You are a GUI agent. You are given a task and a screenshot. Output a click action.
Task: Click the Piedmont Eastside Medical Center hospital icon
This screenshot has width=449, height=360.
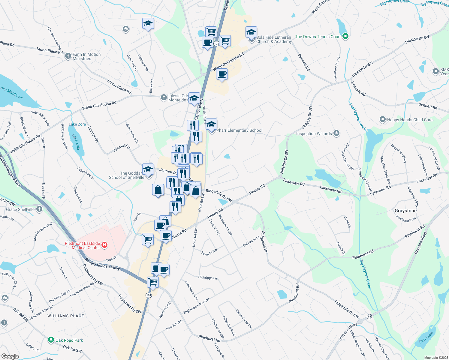[104, 245]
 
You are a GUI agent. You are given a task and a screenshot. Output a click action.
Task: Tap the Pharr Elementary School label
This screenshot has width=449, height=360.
[239, 130]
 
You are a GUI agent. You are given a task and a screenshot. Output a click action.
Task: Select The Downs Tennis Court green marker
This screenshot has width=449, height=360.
[345, 37]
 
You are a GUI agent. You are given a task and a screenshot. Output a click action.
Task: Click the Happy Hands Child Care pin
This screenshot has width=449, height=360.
[382, 119]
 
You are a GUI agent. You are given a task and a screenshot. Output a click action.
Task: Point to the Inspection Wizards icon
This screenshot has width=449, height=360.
[336, 133]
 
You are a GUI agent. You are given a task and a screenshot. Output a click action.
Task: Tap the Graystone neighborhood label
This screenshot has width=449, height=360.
[405, 211]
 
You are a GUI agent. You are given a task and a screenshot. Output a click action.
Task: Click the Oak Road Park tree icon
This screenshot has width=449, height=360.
[51, 340]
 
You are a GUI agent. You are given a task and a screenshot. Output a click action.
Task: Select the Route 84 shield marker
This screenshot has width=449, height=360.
[369, 316]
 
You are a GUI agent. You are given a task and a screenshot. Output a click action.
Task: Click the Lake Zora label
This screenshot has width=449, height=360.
[77, 124]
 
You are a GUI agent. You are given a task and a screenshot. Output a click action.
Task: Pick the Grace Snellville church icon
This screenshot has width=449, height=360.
[39, 209]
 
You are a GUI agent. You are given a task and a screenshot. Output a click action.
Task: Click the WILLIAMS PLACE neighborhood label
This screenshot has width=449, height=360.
[66, 316]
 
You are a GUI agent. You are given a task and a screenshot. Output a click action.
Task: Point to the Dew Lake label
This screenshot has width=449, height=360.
[426, 337]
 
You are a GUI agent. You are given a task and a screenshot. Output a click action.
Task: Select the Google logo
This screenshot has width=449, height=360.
[10, 356]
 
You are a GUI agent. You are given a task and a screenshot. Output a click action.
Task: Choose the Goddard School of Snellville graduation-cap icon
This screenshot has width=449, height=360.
[148, 169]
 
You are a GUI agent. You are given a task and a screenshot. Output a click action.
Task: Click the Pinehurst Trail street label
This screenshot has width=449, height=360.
[406, 219]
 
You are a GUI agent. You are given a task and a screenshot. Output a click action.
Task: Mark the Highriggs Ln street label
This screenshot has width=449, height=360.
[207, 277]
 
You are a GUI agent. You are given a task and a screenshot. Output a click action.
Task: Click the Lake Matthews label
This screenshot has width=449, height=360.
[11, 92]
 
